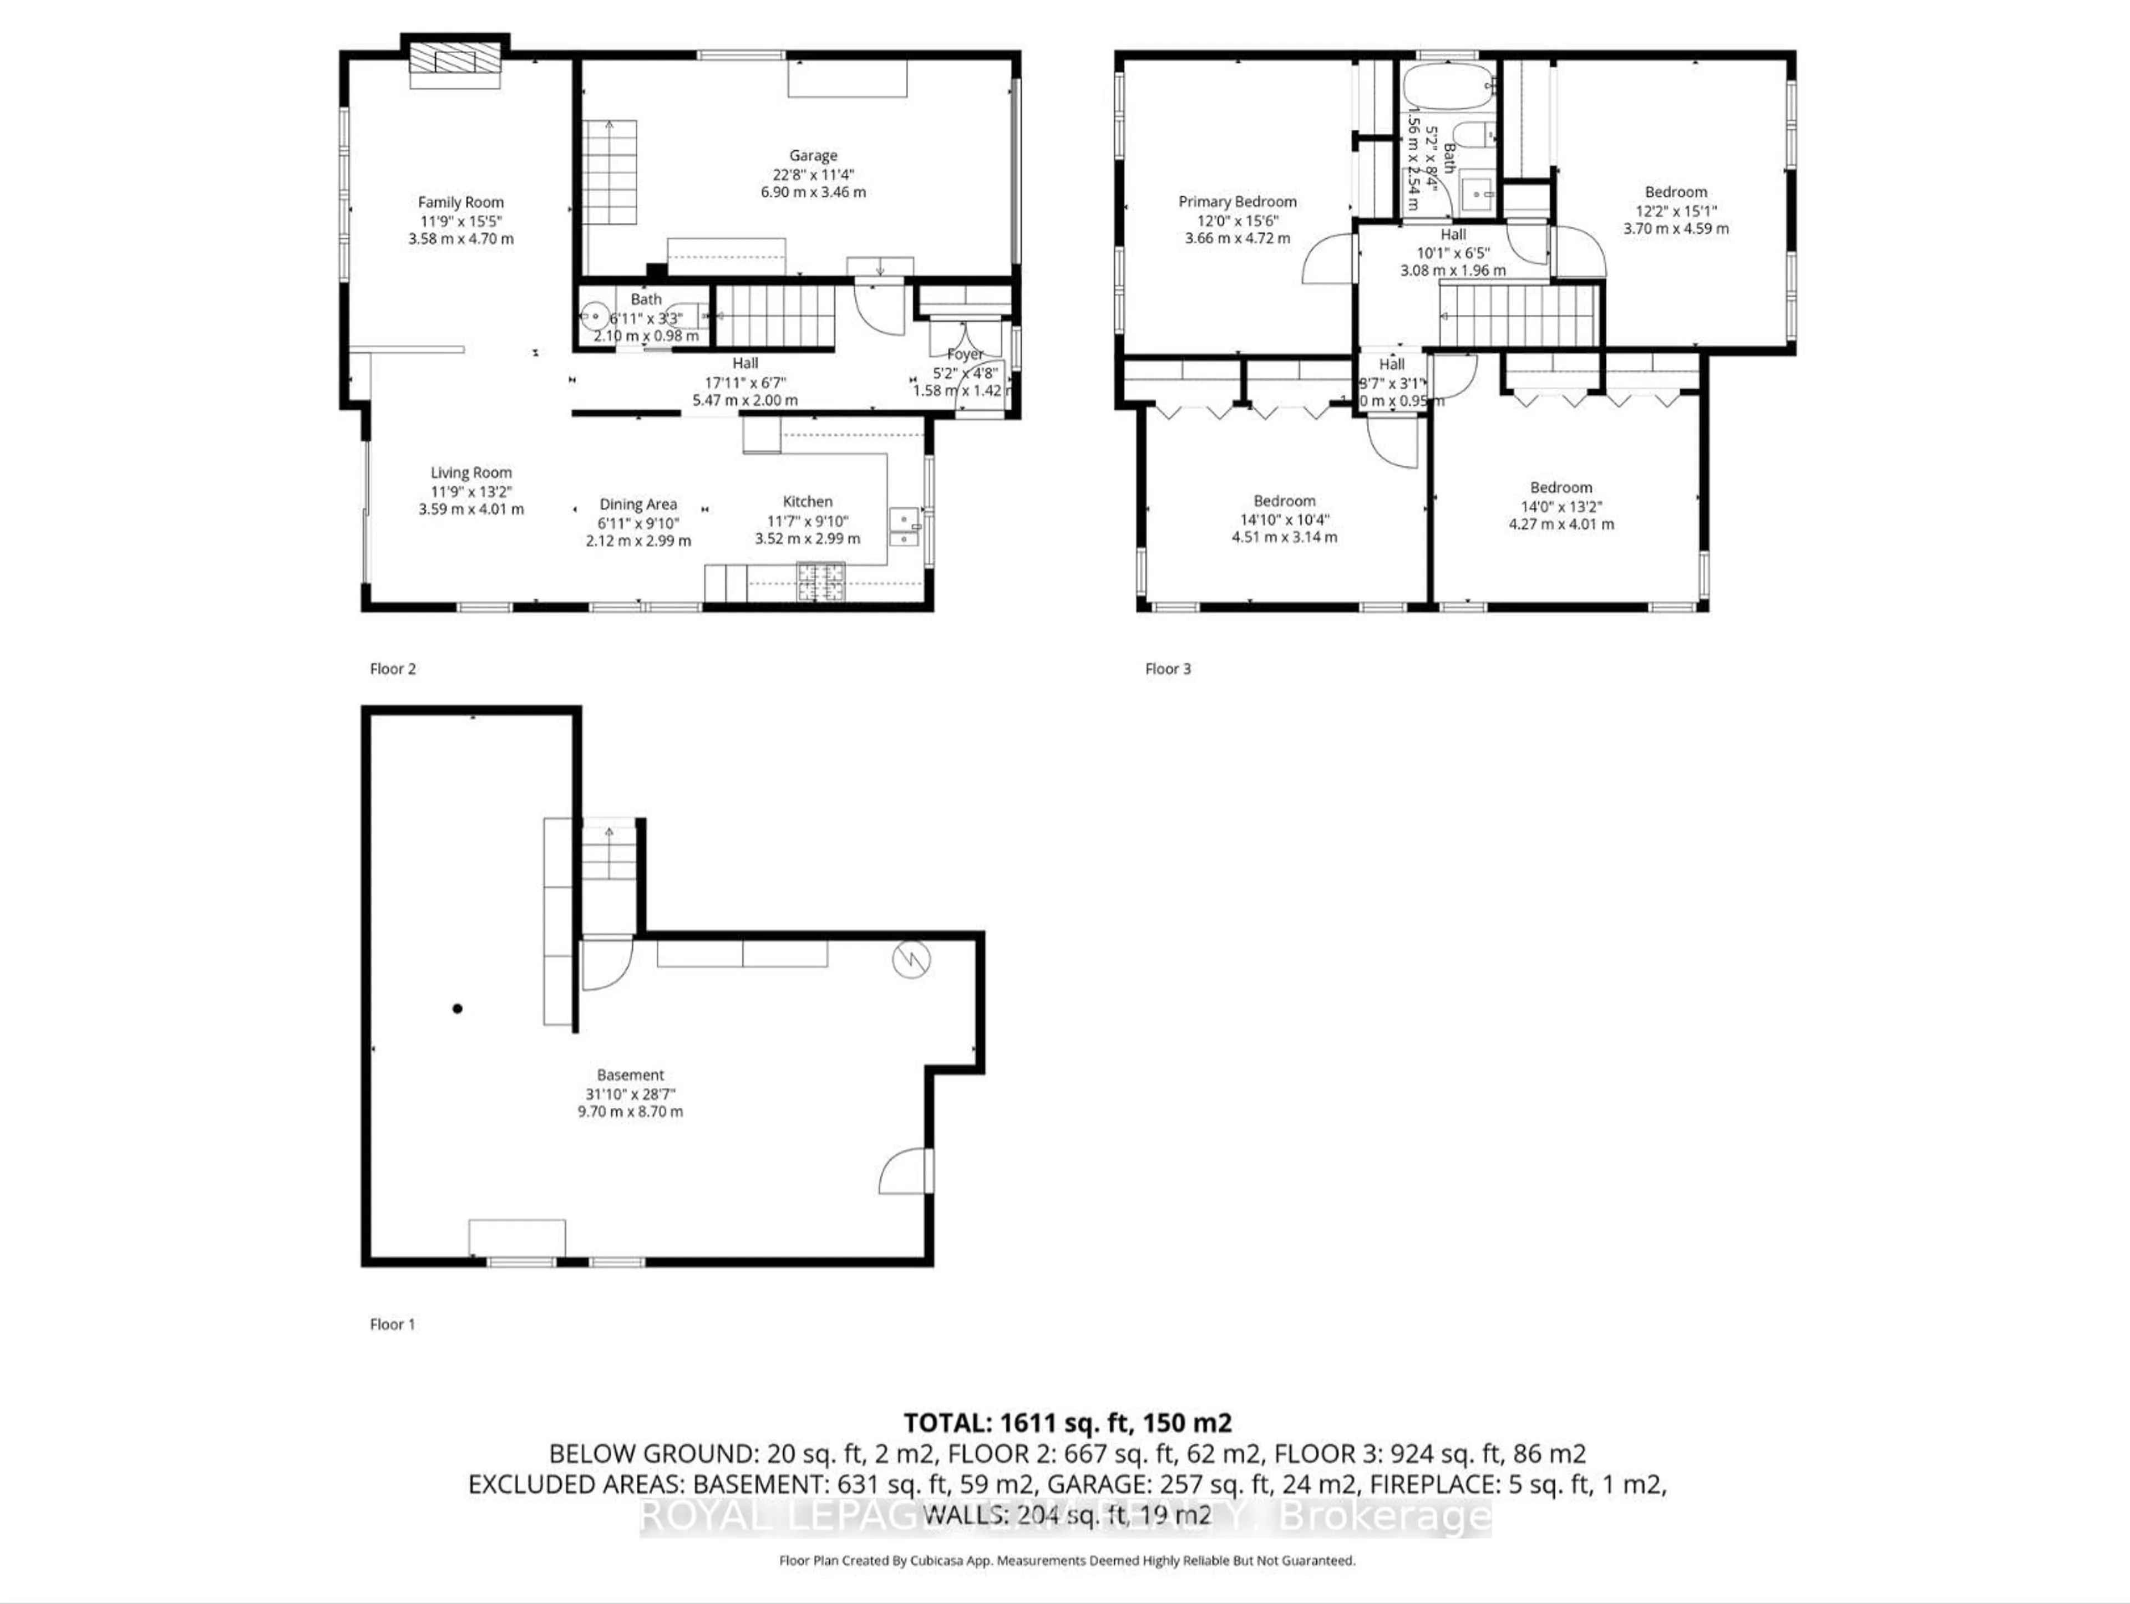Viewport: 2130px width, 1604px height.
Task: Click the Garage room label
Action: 813,155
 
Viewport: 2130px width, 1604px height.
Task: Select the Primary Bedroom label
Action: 1238,201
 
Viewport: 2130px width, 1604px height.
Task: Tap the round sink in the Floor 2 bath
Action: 594,315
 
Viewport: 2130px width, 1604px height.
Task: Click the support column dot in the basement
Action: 458,1009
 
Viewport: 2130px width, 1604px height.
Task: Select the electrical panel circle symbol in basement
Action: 910,959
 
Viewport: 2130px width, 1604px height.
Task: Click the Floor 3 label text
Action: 1167,668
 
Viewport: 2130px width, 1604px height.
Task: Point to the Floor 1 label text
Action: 392,1324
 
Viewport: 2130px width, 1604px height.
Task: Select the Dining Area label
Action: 637,503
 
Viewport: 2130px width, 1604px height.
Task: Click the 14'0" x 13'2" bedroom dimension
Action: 1561,506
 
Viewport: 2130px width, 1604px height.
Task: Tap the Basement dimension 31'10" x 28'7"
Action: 630,1094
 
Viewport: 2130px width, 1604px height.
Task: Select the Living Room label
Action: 471,472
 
